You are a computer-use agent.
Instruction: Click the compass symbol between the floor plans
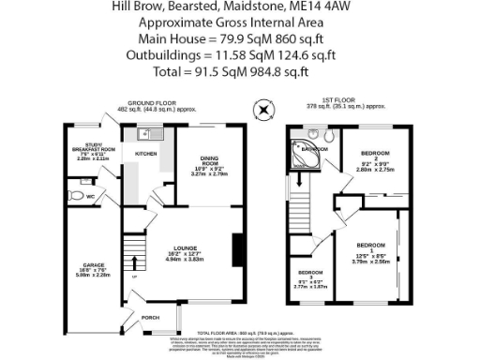(264, 110)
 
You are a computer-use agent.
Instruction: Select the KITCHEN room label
(146, 155)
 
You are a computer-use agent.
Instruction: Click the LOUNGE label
(183, 247)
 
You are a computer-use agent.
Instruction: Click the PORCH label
(149, 317)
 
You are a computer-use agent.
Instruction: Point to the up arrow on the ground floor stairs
(132, 277)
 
